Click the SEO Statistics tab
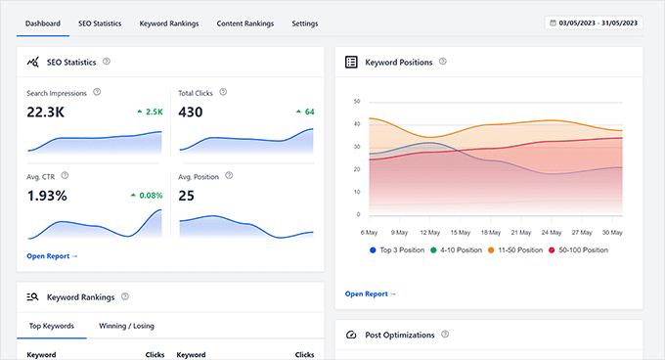click(100, 22)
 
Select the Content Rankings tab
click(245, 22)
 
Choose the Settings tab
click(305, 22)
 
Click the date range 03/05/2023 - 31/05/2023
click(595, 22)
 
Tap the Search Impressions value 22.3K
click(46, 112)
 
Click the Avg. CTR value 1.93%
click(47, 196)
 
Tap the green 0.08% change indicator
click(146, 196)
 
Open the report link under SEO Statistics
click(53, 256)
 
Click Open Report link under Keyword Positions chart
click(371, 293)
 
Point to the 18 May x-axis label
click(492, 233)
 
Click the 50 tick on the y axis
click(357, 102)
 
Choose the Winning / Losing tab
click(126, 326)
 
